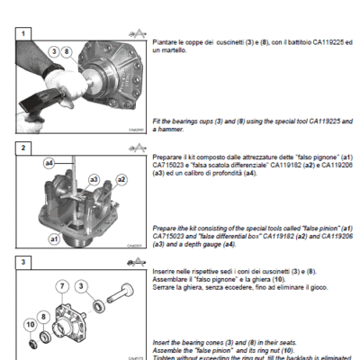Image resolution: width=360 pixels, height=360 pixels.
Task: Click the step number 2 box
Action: pos(25,147)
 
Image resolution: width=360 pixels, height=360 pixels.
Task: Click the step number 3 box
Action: pos(25,262)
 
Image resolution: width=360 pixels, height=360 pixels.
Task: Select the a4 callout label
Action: pos(50,165)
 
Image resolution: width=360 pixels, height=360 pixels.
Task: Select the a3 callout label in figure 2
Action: pos(93,180)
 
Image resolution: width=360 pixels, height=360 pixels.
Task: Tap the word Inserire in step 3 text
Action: pos(166,271)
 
